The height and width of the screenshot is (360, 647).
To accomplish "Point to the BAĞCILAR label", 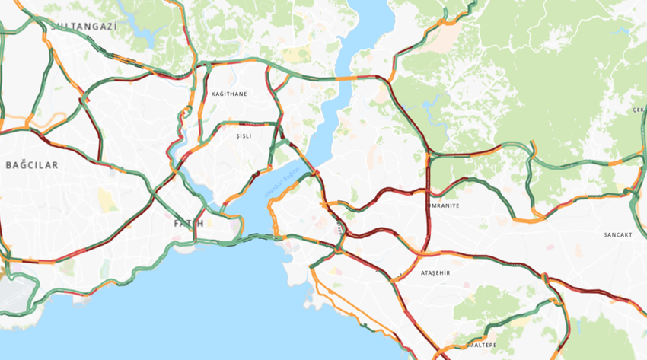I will click(32, 164).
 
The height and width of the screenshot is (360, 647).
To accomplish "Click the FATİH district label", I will click(188, 223).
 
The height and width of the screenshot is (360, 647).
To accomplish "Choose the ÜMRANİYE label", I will click(447, 205).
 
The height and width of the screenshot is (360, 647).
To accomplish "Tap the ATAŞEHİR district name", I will click(435, 272).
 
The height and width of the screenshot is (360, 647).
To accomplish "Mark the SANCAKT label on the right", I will click(617, 234).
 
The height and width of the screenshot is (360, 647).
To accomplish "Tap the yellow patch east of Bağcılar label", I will click(105, 199).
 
